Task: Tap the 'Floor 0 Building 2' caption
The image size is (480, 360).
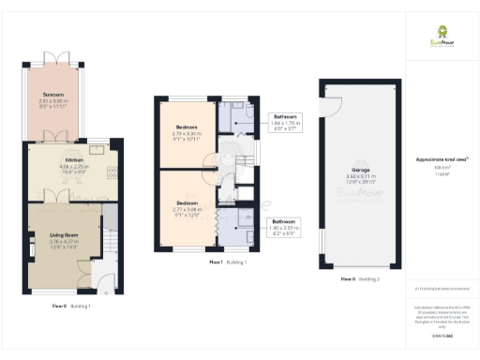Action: tap(359, 279)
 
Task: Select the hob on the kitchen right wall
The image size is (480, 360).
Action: tap(112, 173)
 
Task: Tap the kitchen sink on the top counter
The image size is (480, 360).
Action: tap(98, 148)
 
